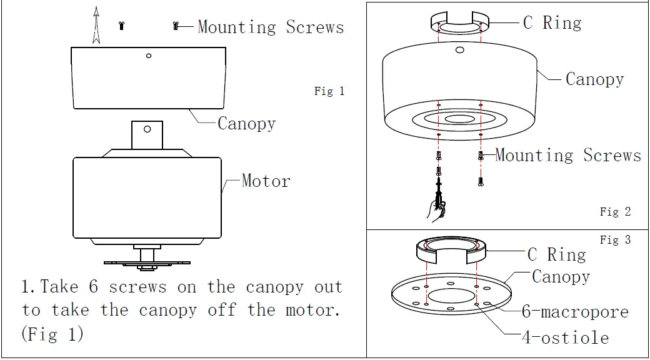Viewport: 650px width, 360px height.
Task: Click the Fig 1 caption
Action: coord(329,91)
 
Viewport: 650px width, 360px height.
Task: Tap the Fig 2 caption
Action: coord(615,212)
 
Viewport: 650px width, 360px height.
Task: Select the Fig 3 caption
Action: coord(615,240)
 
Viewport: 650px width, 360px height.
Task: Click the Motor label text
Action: coord(266,181)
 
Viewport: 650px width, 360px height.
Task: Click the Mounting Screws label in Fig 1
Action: coord(271,27)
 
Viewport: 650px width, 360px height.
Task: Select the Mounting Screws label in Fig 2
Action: coord(567,156)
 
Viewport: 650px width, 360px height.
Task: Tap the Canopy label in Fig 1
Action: coord(246,123)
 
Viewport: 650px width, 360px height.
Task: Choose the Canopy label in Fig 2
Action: coord(594,79)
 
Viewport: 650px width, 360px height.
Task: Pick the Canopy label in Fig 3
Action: coord(561,276)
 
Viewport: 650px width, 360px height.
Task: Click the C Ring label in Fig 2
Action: coord(552,23)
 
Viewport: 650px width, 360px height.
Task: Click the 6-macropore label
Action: coord(575,311)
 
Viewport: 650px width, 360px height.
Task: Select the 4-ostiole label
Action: coord(565,338)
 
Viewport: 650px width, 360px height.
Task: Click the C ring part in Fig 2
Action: coord(459,21)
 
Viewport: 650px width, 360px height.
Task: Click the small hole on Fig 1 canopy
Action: coord(148,56)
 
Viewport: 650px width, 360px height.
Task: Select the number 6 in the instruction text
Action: coord(94,287)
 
